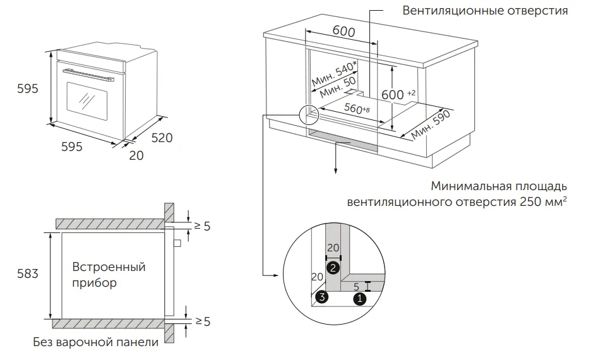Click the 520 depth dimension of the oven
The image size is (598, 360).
point(161,138)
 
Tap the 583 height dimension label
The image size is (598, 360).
point(27,274)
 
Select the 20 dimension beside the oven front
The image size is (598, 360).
point(136,155)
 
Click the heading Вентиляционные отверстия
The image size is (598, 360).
point(485,11)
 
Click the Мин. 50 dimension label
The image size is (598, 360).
point(338,89)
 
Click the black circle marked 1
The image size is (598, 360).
point(359,297)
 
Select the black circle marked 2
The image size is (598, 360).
point(333,268)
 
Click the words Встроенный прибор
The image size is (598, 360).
point(108,275)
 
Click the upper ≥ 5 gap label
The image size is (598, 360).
point(201,225)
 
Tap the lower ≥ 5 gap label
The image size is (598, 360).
point(201,322)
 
